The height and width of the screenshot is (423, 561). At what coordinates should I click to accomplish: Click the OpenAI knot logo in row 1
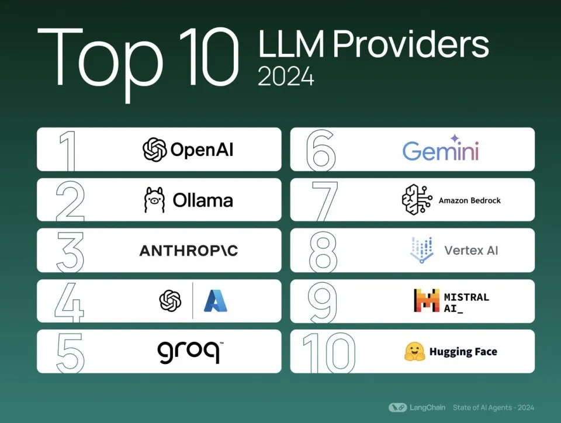tap(155, 150)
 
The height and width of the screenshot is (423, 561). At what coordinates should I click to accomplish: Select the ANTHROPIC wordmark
tap(189, 251)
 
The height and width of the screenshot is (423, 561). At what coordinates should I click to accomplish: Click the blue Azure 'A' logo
tap(216, 301)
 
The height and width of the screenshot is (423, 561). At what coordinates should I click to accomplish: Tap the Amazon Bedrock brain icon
tap(417, 200)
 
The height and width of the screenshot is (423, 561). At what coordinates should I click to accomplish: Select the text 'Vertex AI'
tap(471, 251)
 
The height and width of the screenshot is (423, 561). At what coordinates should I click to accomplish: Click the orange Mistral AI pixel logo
tap(426, 300)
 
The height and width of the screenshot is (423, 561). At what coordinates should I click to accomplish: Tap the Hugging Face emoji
tap(414, 352)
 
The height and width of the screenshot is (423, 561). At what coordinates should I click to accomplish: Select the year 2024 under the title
tap(286, 77)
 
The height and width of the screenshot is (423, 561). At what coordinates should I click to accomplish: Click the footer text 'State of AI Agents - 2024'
tap(493, 407)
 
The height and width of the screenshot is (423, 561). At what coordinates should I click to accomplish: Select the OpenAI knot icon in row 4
tap(170, 301)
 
